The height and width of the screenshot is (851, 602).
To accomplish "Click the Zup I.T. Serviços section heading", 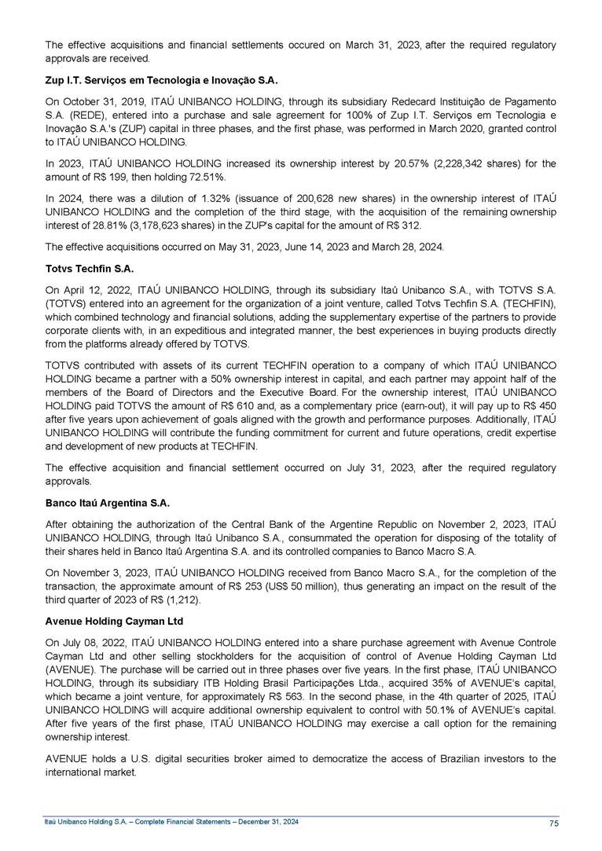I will coord(162,80).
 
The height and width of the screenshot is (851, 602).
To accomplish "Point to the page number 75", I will coord(554,823).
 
